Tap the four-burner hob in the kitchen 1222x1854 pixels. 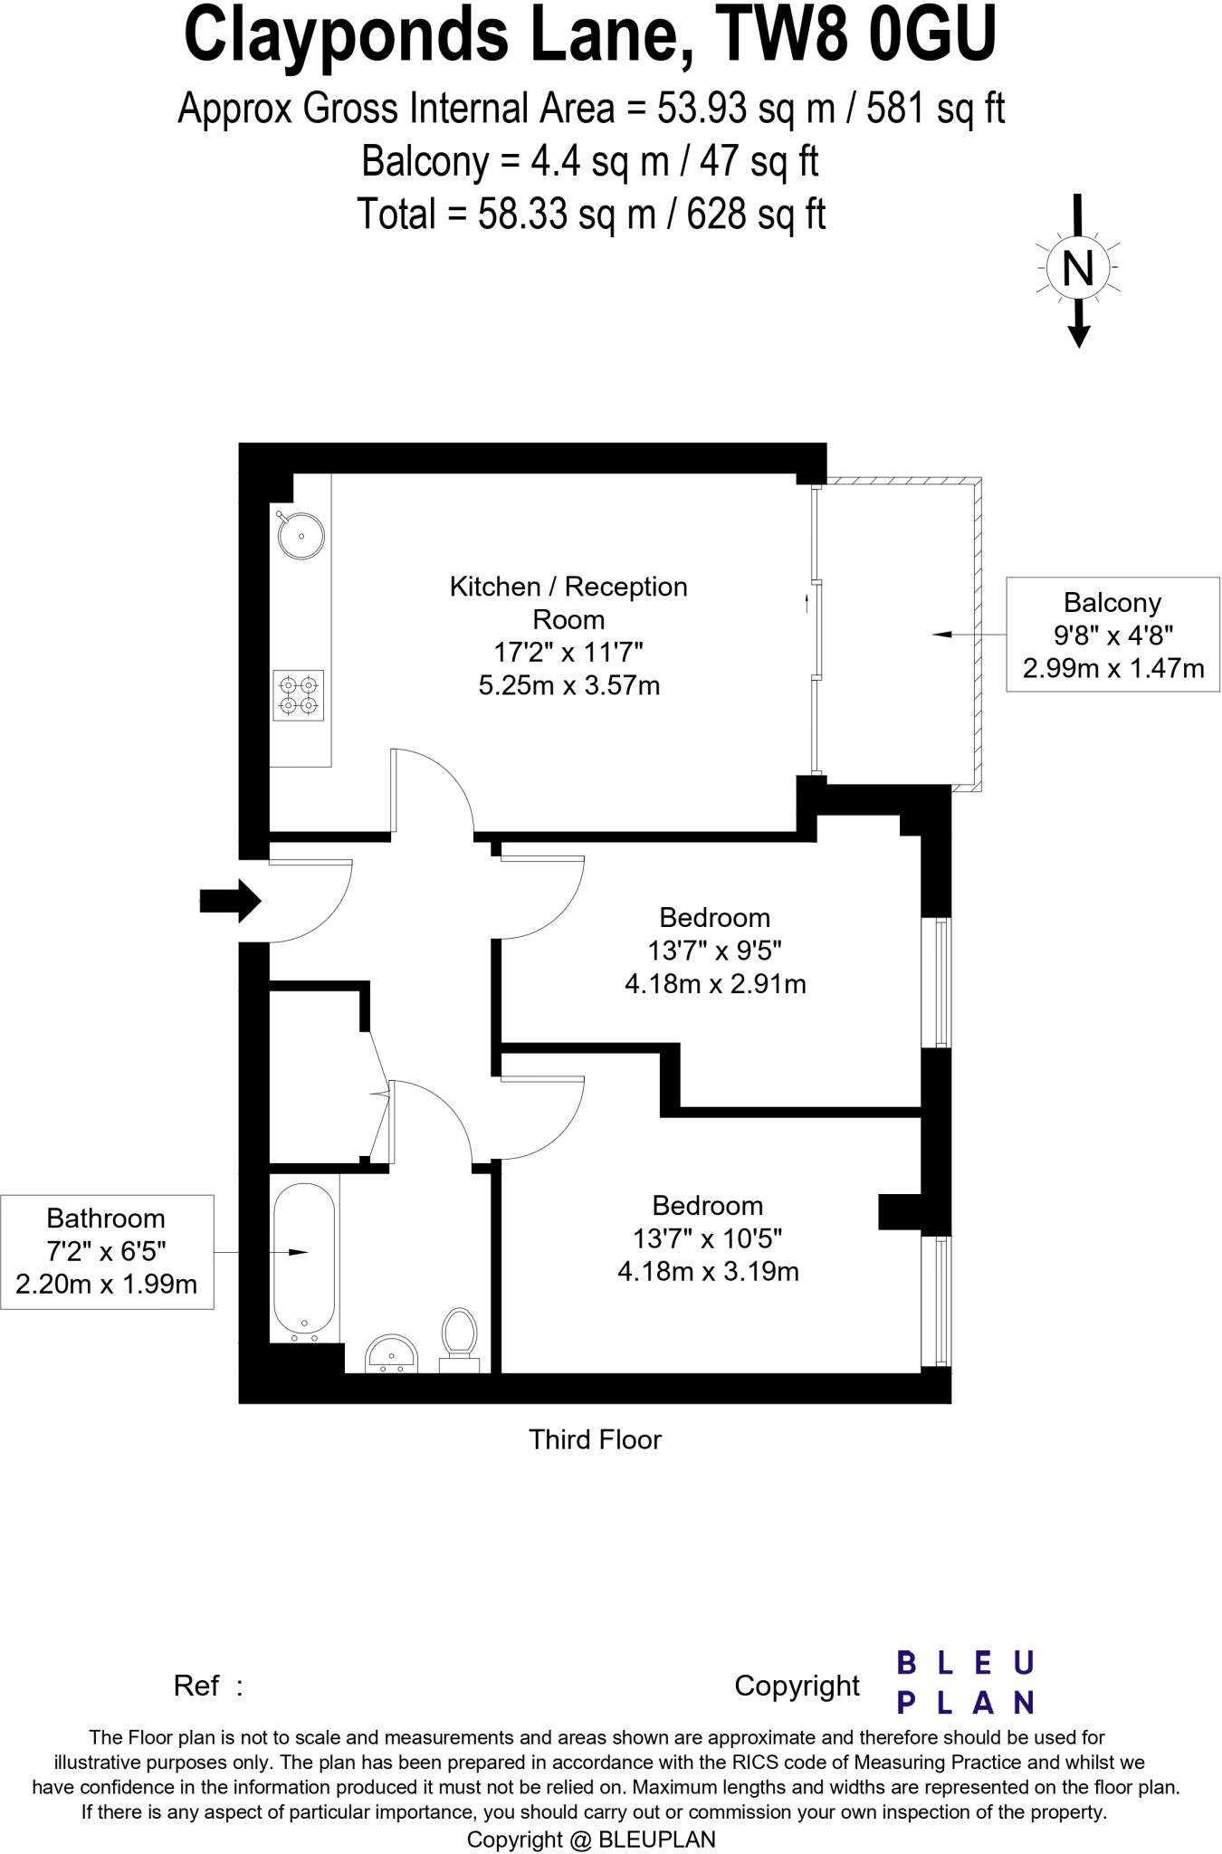click(x=299, y=695)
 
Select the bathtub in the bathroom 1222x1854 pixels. click(x=303, y=1261)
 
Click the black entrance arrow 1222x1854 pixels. click(x=230, y=901)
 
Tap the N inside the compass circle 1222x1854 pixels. click(x=1077, y=268)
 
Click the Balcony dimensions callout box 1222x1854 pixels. click(x=1112, y=635)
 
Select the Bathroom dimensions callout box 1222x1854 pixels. click(x=107, y=1251)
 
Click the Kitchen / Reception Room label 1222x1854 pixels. click(x=568, y=603)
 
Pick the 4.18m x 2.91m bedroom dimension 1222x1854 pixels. click(x=715, y=984)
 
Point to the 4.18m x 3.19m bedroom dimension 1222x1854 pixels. click(x=708, y=1272)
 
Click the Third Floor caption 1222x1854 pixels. click(x=595, y=1439)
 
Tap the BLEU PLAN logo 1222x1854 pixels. click(x=965, y=1683)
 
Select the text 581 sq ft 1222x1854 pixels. click(x=936, y=110)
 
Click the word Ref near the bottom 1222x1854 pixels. click(x=196, y=1686)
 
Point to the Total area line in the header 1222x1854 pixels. click(x=590, y=215)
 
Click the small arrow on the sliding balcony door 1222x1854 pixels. click(x=807, y=602)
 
